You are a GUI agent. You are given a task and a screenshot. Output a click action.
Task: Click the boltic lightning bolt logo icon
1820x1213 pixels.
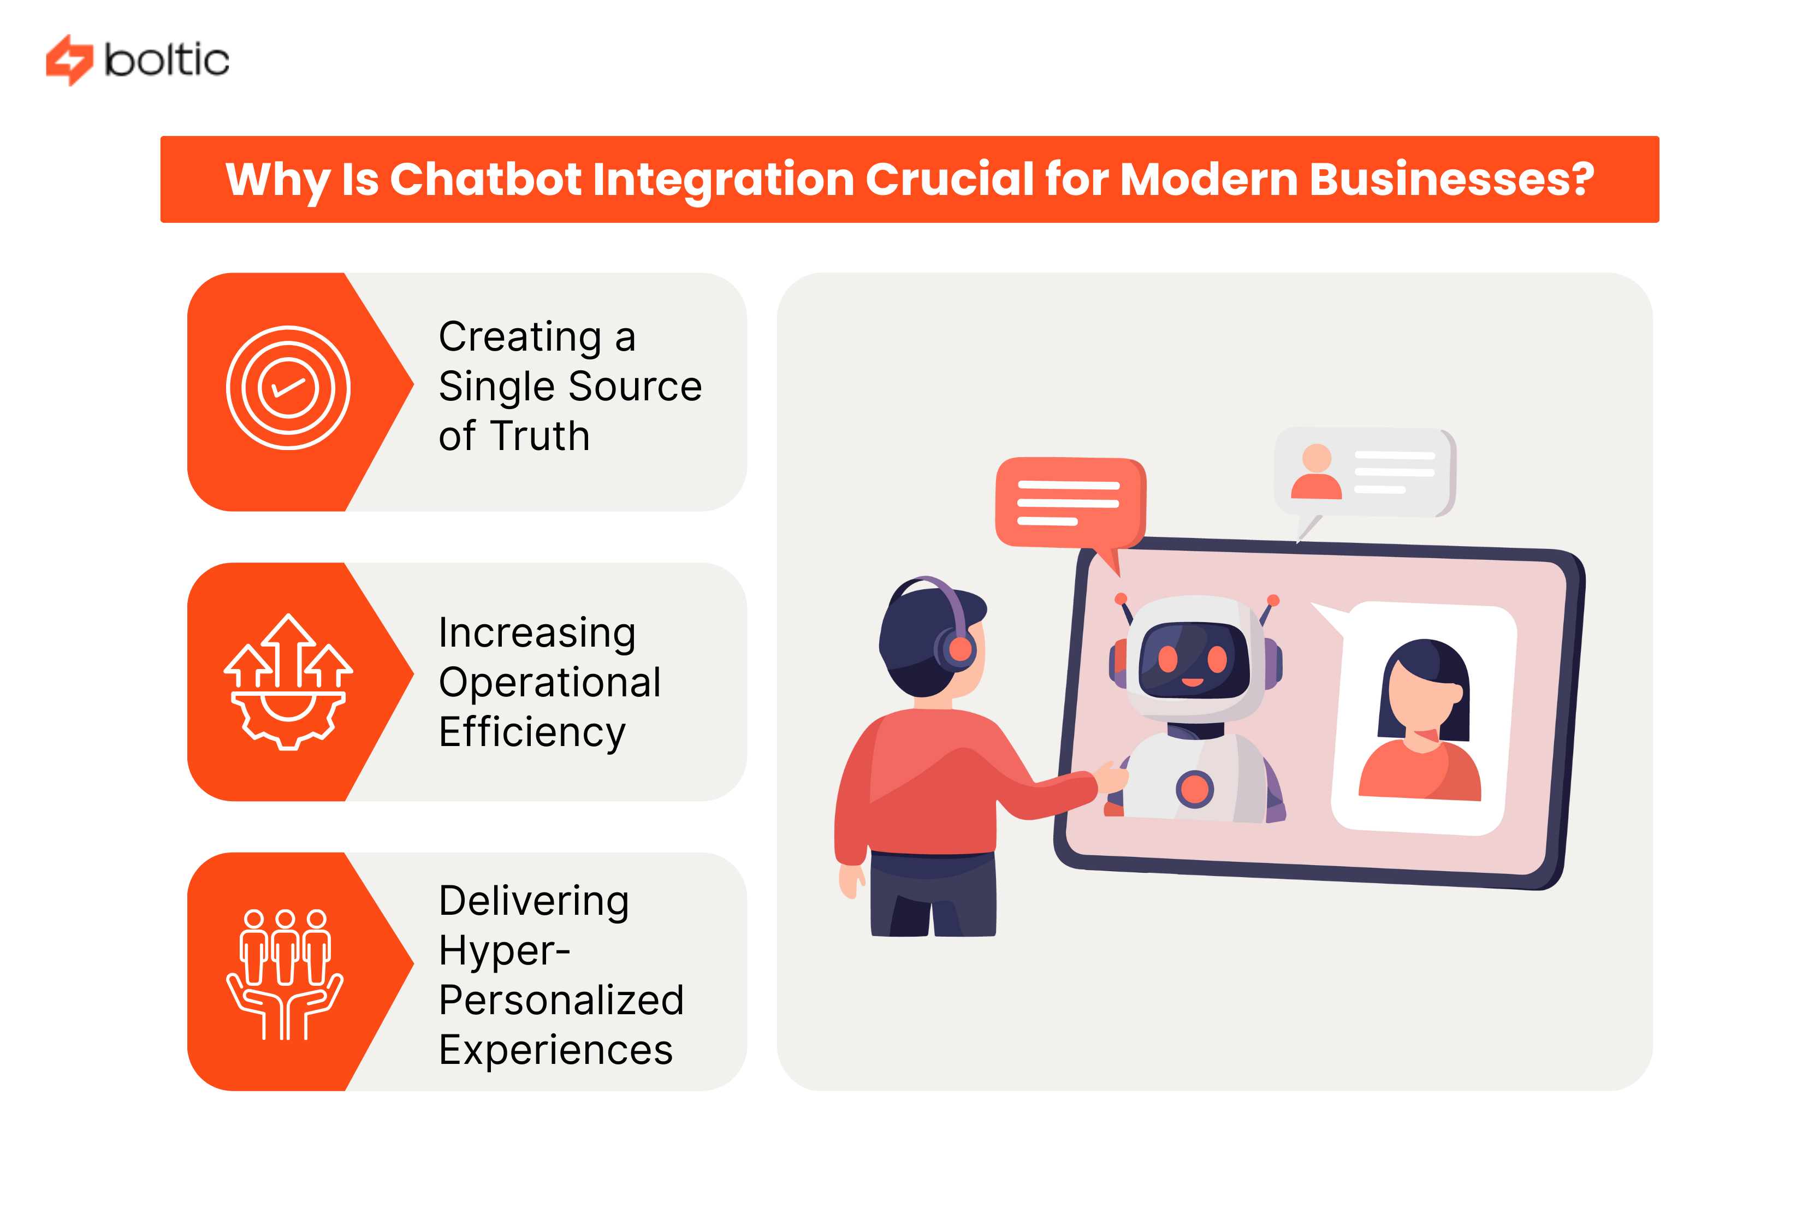69,60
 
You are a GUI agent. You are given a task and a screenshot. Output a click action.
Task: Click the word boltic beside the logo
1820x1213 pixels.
167,60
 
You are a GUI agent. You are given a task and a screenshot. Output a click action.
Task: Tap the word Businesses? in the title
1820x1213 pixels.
1451,180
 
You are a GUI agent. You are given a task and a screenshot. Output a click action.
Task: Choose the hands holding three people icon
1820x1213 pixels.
284,973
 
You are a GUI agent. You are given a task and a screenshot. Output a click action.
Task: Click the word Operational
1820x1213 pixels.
549,682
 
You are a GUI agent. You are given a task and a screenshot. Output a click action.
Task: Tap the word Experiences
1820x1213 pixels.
555,1050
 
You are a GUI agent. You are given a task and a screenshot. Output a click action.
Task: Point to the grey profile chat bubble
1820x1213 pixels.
1363,471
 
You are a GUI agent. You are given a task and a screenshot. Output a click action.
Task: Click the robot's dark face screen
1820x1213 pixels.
1194,660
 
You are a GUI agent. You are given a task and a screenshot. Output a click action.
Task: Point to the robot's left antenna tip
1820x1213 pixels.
1120,598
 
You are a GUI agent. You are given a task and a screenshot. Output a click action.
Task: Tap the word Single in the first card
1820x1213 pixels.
495,387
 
